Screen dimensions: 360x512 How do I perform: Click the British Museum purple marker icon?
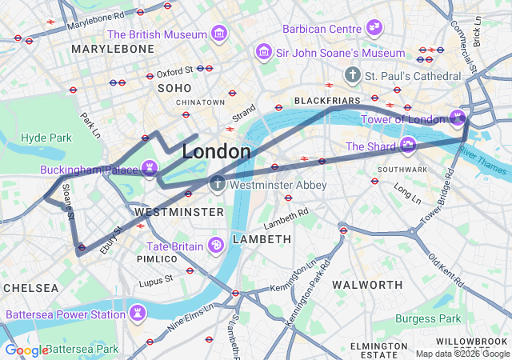point(218,34)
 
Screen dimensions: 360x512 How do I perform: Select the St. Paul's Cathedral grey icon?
point(352,75)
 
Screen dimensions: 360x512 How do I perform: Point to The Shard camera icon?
point(409,146)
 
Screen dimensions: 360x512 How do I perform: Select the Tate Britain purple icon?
point(215,246)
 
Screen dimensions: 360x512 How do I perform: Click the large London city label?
point(216,151)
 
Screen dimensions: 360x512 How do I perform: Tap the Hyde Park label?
point(46,138)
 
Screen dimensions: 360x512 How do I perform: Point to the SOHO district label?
point(174,88)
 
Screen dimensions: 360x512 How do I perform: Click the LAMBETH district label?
point(262,239)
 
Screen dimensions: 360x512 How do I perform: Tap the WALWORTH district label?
point(366,285)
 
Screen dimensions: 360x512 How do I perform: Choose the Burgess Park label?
point(428,318)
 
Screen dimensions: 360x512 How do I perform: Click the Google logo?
point(26,350)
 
